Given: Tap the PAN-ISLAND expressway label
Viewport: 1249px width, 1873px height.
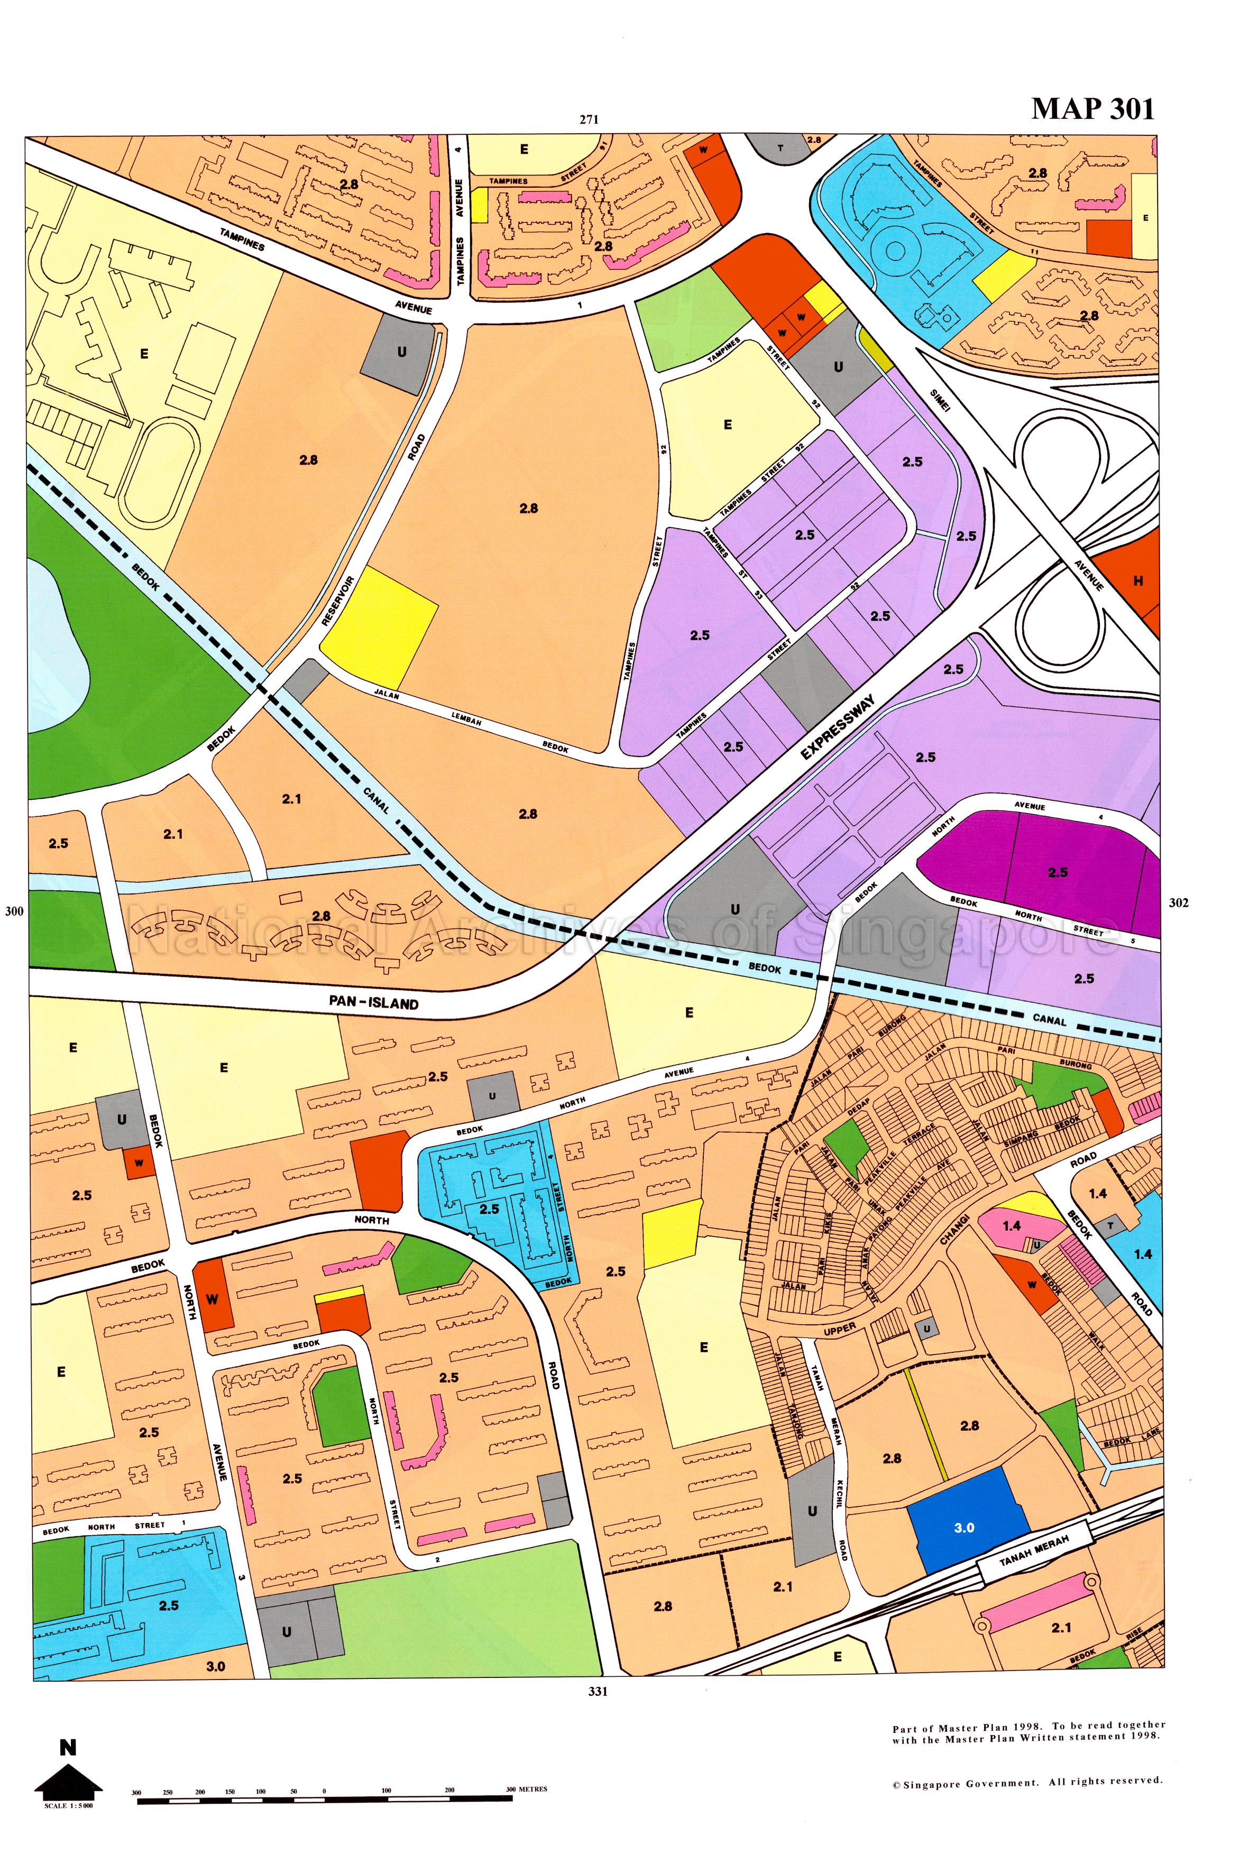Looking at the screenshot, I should click(373, 1003).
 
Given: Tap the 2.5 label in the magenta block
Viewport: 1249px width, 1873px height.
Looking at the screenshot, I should click(1057, 872).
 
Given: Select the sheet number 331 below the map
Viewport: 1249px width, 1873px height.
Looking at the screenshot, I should click(598, 1692).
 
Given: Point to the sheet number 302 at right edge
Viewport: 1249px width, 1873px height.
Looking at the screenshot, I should click(1178, 902).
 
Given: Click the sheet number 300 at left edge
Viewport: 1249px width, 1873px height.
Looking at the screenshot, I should click(14, 911).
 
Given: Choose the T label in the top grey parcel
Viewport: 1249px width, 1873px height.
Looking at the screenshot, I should click(780, 148).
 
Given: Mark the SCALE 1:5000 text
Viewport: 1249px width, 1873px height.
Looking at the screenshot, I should click(69, 1805).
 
